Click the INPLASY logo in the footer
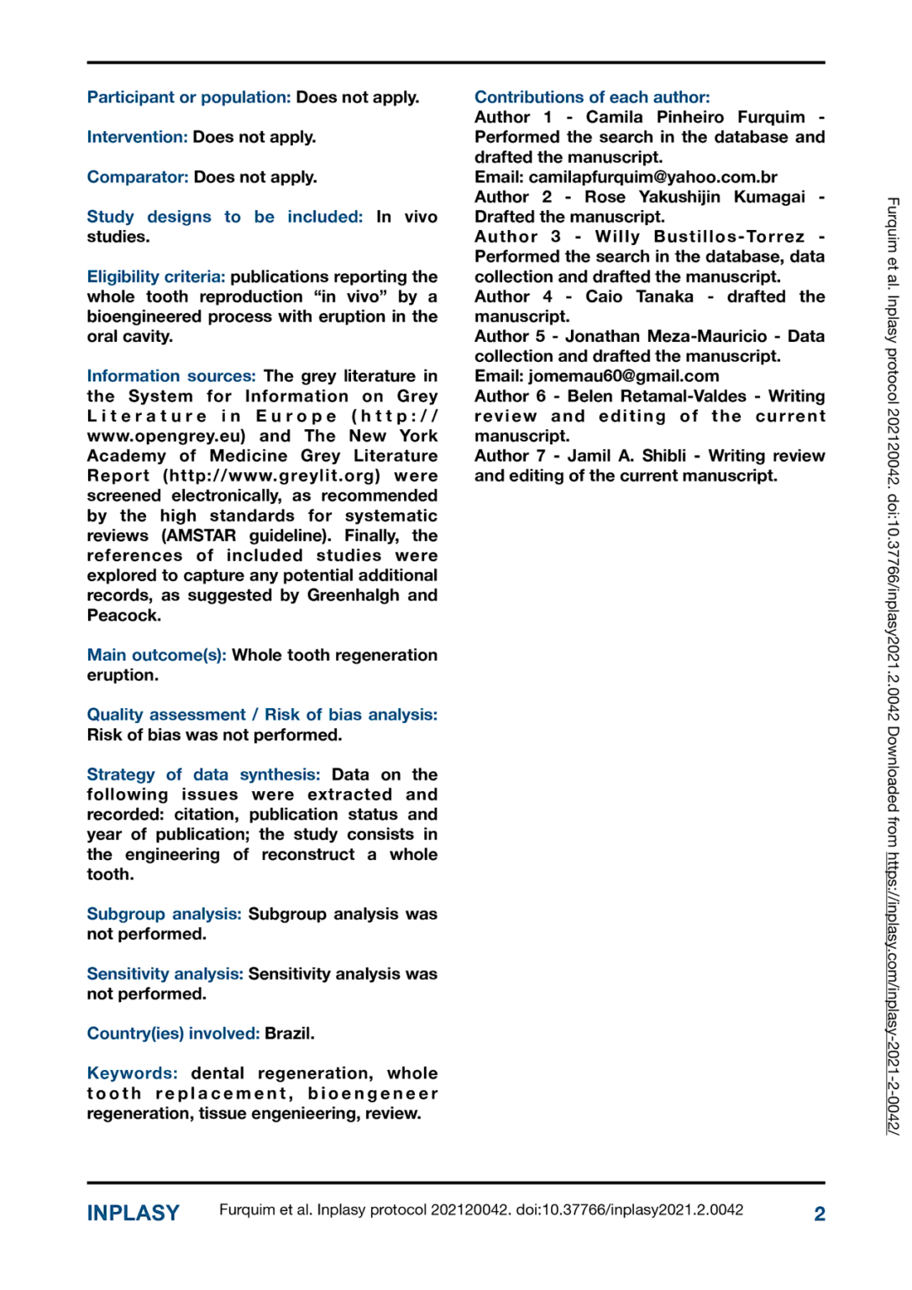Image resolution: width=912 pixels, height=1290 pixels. [x=133, y=1213]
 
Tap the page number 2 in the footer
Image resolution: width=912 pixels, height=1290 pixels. [x=819, y=1214]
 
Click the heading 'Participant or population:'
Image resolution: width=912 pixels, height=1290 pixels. [x=189, y=97]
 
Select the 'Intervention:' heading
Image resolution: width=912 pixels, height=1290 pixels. [x=137, y=137]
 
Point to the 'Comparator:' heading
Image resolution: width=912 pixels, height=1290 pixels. [x=138, y=177]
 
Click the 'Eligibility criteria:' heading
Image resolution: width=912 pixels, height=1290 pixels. [x=156, y=276]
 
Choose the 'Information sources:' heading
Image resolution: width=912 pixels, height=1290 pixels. [x=171, y=376]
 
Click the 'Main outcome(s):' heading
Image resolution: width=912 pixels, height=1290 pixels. [x=156, y=655]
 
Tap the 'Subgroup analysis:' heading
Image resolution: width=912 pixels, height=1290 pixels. [x=164, y=914]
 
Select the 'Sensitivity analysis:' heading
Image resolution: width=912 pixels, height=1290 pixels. [x=165, y=973]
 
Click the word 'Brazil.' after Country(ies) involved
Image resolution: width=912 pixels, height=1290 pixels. [x=290, y=1033]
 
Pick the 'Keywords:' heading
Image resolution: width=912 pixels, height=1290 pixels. [x=132, y=1073]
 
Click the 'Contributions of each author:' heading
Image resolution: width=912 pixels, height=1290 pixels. [x=592, y=97]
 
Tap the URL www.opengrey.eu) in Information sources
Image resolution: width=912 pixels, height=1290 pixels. [x=166, y=436]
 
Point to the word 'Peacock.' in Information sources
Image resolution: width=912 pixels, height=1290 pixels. [x=124, y=616]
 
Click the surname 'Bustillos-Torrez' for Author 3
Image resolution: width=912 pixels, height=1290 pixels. [x=729, y=237]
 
